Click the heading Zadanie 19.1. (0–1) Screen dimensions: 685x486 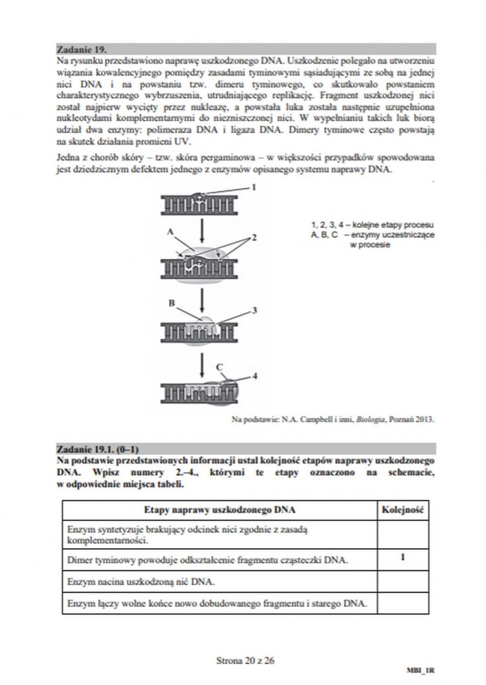click(x=98, y=448)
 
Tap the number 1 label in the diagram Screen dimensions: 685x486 click(x=254, y=187)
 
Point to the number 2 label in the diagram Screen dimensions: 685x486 click(x=255, y=237)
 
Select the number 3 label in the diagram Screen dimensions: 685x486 click(x=255, y=309)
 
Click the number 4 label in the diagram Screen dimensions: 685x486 click(x=255, y=375)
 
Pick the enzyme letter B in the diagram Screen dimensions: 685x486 click(x=171, y=303)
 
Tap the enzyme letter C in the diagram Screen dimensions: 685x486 click(x=219, y=365)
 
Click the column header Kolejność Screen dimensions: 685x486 click(x=404, y=510)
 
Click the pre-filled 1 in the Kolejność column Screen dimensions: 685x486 click(x=404, y=557)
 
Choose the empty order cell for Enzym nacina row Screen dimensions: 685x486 click(x=404, y=580)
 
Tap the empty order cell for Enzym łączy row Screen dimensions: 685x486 click(x=404, y=603)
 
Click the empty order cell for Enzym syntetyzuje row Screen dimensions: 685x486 click(x=404, y=535)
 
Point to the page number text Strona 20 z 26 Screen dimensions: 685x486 click(x=242, y=658)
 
